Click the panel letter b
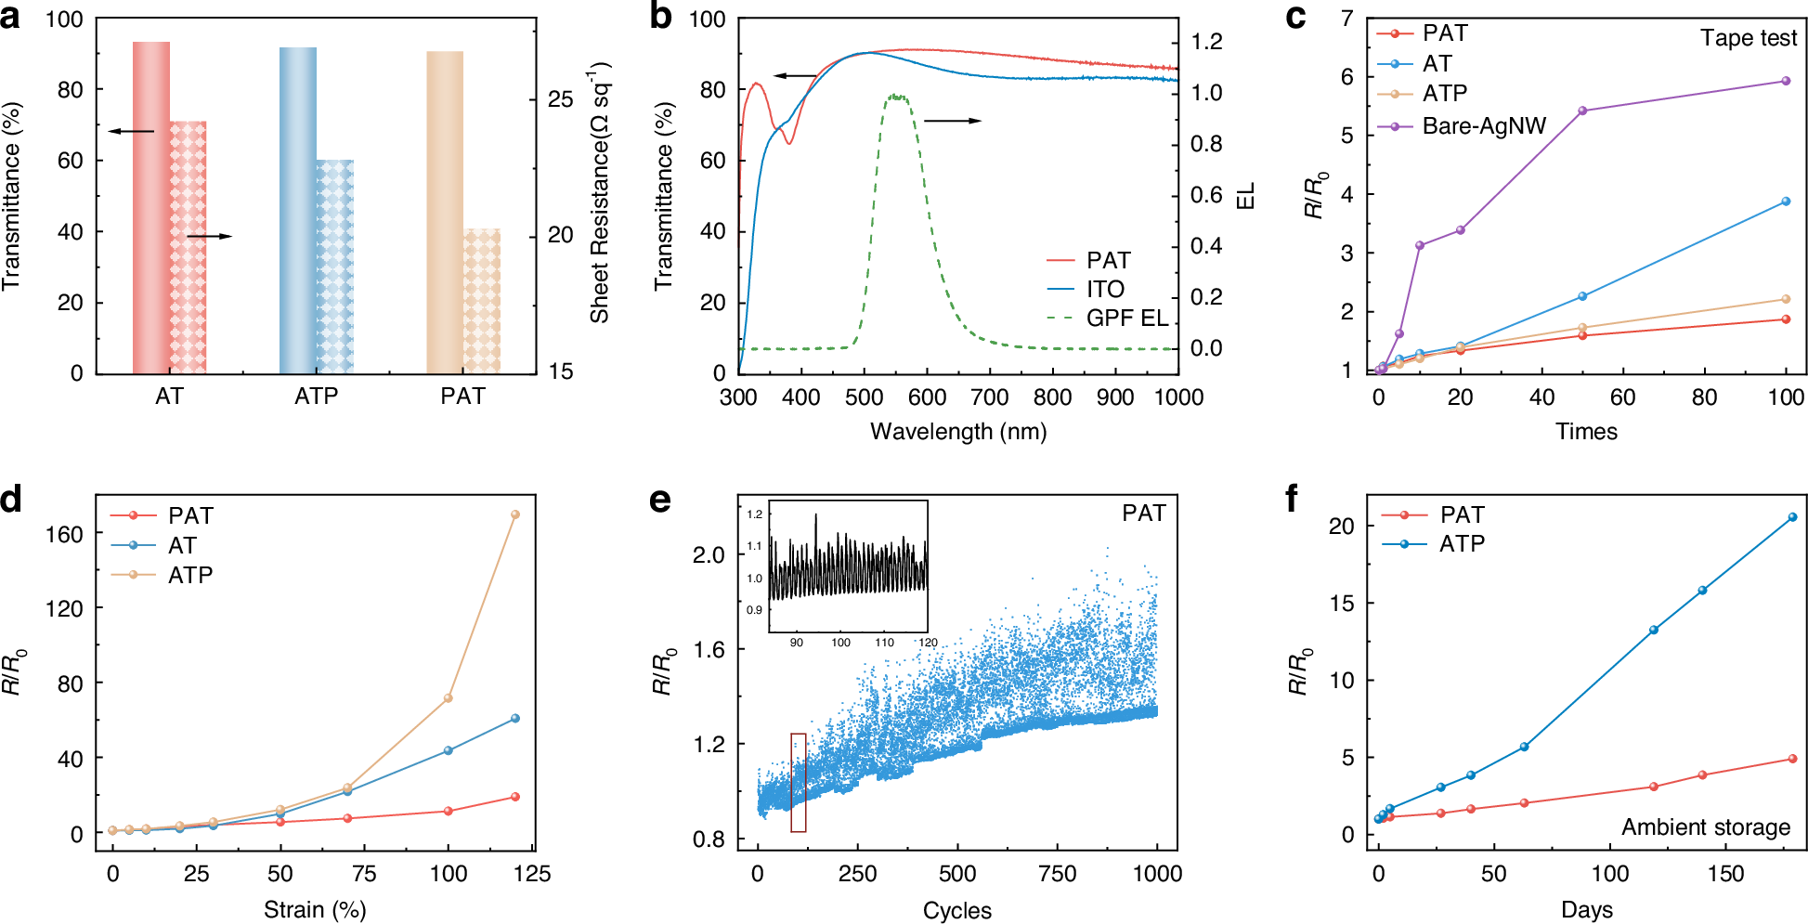coord(660,17)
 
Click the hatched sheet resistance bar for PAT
coord(482,301)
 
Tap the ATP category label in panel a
coord(316,397)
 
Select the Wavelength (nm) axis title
coord(957,432)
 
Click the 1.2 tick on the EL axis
coord(1206,42)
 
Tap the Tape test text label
coord(1748,38)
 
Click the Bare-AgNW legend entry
coord(1483,125)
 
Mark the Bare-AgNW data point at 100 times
coord(1786,81)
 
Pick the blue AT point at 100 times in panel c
coord(1786,202)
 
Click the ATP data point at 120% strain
coord(515,514)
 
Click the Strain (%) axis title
coord(315,909)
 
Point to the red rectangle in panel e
coord(799,782)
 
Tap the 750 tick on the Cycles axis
coord(1057,874)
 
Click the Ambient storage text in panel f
coord(1705,826)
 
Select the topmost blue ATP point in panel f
coord(1792,517)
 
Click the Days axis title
coord(1586,909)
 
